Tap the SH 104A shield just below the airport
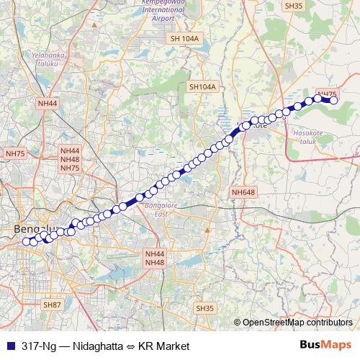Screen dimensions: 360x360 184,39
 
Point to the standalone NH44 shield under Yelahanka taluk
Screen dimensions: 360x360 48,104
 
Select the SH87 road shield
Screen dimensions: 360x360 52,305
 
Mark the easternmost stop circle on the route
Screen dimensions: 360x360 333,100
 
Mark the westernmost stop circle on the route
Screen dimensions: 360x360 27,241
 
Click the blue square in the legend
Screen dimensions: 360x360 9,346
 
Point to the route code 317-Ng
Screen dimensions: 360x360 38,346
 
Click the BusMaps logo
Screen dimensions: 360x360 325,346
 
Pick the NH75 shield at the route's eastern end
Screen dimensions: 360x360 326,94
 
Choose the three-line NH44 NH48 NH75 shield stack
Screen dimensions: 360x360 70,159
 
